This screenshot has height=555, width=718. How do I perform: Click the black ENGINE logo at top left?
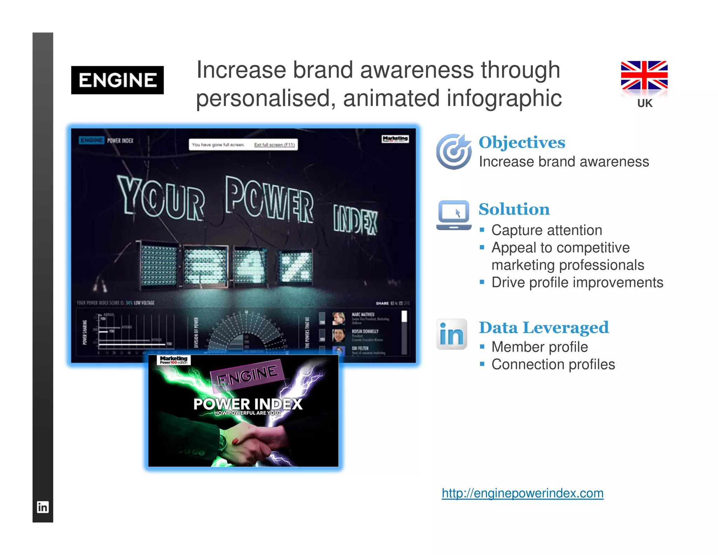[x=117, y=80]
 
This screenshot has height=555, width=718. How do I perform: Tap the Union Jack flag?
[x=644, y=75]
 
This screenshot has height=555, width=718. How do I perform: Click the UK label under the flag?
[x=645, y=103]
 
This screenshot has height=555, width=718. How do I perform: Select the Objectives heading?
[x=522, y=142]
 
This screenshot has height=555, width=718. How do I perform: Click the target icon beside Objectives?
[x=454, y=152]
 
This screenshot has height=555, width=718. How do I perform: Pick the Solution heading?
[x=514, y=209]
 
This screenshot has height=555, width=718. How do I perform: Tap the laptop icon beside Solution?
[x=454, y=215]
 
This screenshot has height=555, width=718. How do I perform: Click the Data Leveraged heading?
[x=544, y=328]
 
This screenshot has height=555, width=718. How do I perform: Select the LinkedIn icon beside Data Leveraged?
[x=452, y=334]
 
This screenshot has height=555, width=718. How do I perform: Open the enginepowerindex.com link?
[x=522, y=493]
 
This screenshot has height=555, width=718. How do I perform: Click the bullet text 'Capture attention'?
[x=547, y=230]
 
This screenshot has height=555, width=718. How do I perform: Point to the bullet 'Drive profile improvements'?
[x=577, y=282]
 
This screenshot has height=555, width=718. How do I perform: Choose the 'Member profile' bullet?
[x=540, y=347]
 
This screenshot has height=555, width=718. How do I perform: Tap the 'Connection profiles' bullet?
[x=553, y=365]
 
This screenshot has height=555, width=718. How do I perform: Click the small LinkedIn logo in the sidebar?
[x=43, y=507]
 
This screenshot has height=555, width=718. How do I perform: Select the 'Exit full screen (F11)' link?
[x=274, y=145]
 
